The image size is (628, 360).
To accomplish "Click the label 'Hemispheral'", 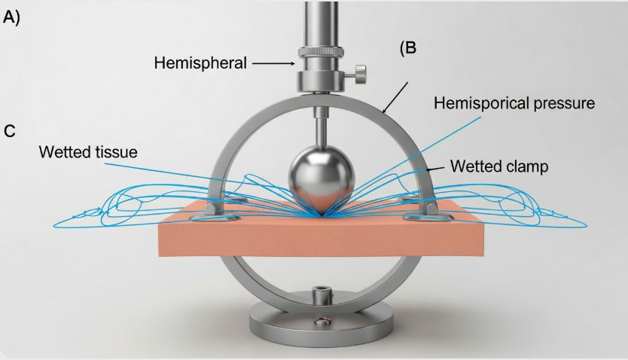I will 200,63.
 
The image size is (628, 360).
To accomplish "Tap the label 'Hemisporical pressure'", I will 514,103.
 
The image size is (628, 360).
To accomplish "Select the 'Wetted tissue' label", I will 89,152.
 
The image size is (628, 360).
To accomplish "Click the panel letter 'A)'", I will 12,19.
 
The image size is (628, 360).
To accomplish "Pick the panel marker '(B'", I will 407,49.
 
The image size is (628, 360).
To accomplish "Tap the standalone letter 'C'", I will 10,131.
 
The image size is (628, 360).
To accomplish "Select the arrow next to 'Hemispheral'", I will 273,64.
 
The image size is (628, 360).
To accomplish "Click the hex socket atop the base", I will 322,290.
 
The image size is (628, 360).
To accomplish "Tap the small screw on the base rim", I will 322,324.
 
